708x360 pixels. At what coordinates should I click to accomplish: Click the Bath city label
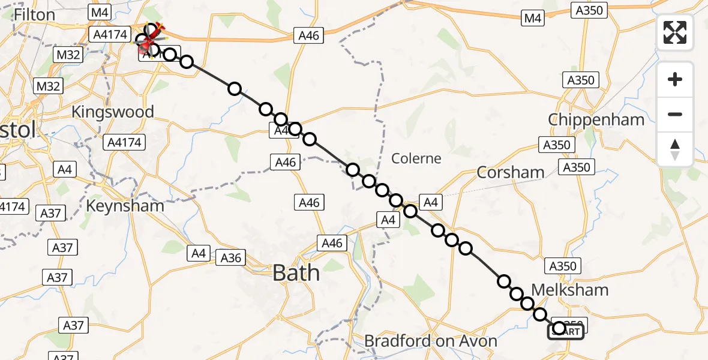point(296,273)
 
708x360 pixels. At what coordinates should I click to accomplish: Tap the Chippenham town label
point(596,119)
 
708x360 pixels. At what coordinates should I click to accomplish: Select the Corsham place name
point(510,173)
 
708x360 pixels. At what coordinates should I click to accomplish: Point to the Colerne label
point(416,158)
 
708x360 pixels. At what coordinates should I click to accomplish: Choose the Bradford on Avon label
point(431,341)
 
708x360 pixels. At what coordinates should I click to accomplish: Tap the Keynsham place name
point(125,206)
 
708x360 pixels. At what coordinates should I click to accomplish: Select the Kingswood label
point(112,112)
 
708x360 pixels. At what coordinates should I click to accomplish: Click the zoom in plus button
point(675,79)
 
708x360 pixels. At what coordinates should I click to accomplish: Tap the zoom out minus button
point(675,114)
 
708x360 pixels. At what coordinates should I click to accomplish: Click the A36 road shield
point(231,258)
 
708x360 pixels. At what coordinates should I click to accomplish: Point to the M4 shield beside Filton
point(97,11)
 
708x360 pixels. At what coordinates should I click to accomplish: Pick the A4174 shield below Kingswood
point(125,143)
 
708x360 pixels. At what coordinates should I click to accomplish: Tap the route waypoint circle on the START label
point(559,328)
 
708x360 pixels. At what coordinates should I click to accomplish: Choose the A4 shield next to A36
point(199,253)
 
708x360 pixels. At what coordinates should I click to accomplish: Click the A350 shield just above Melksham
point(562,266)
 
